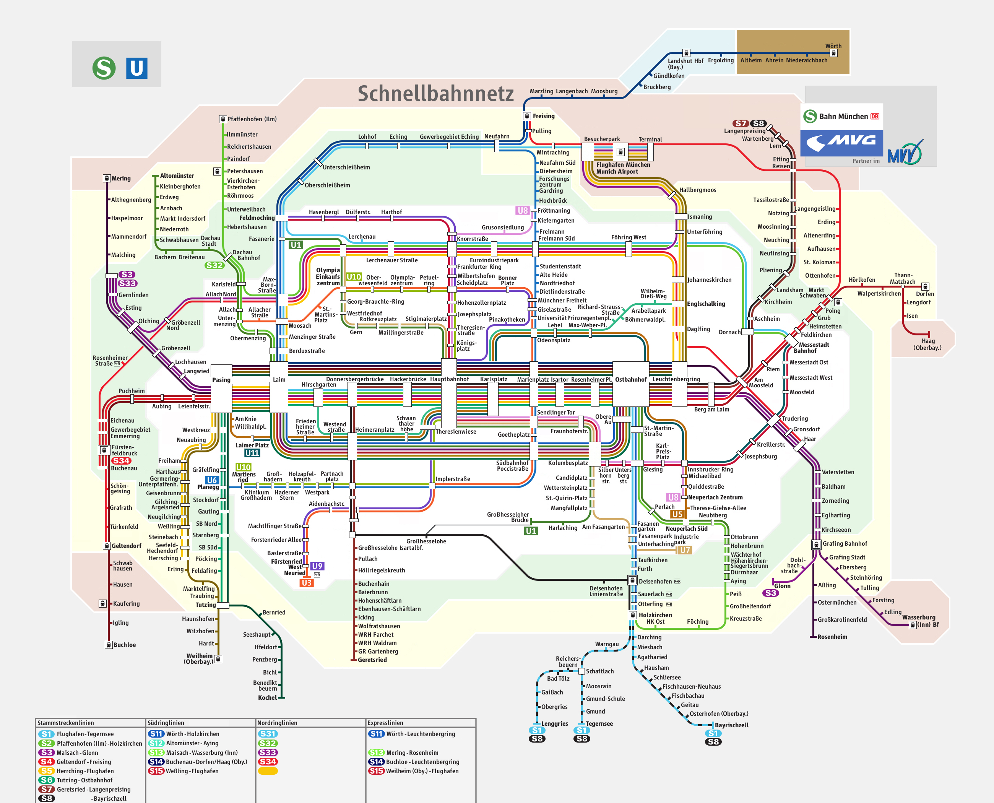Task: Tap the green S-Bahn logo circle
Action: pos(104,68)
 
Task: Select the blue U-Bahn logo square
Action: pos(136,68)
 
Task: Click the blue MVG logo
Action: pos(841,143)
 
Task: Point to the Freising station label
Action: pos(544,116)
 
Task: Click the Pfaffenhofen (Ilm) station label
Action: pos(252,119)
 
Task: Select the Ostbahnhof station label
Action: pos(630,379)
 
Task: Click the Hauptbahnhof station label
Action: pos(449,379)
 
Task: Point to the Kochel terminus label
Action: pos(267,697)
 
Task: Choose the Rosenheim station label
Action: pos(832,637)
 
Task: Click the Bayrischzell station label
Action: pos(731,725)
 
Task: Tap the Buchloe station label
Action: pos(124,645)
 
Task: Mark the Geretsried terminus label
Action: pos(372,660)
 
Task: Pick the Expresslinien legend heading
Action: pos(385,723)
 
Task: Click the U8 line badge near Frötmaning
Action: pos(522,210)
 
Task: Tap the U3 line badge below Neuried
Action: pos(306,583)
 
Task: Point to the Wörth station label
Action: pos(833,46)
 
